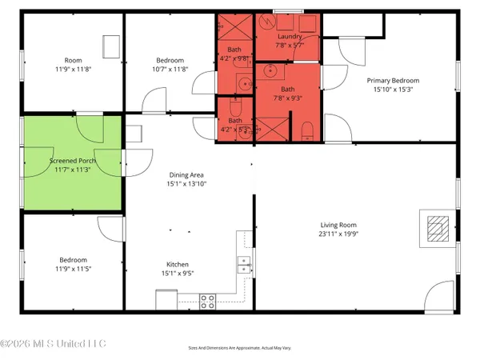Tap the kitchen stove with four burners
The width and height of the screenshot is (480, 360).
(207, 302)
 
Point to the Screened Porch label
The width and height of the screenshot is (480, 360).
(73, 160)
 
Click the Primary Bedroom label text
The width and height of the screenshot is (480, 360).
(393, 80)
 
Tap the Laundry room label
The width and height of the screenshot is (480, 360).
(288, 37)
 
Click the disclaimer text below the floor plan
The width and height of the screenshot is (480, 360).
(240, 348)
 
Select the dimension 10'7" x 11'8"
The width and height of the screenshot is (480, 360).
(170, 70)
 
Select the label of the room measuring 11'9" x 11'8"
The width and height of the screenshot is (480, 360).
(72, 60)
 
